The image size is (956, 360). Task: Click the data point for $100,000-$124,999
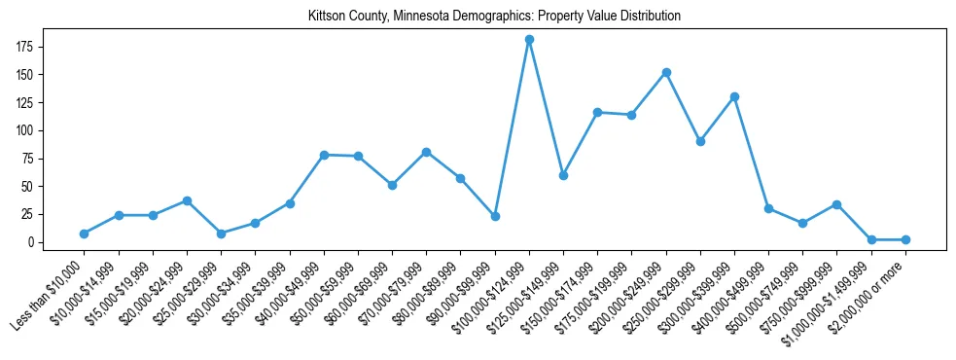529,40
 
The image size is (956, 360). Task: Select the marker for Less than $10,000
85,234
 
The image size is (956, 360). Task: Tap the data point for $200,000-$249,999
666,72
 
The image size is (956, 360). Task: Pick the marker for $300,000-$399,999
734,96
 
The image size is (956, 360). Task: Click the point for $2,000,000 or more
905,239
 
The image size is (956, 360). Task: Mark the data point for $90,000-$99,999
495,216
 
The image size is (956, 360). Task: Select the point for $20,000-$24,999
187,200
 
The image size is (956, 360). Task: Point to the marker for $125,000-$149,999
563,175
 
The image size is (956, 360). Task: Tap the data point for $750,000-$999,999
836,204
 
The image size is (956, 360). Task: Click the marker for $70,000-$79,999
426,152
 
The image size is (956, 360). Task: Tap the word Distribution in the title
647,17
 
